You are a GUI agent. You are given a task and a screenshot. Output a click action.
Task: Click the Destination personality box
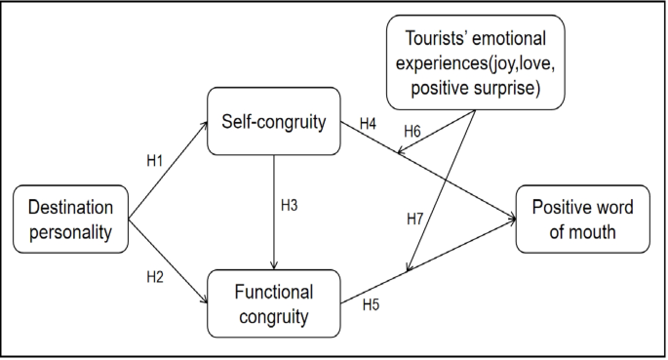pyautogui.click(x=71, y=220)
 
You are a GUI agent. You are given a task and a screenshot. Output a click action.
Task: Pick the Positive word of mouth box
pyautogui.click(x=583, y=220)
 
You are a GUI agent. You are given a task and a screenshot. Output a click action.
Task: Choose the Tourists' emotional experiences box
pyautogui.click(x=475, y=61)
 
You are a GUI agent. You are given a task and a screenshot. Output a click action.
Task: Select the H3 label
pyautogui.click(x=290, y=207)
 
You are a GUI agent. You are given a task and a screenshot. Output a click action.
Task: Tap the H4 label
pyautogui.click(x=368, y=124)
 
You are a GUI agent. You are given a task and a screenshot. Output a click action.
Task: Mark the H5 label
pyautogui.click(x=371, y=305)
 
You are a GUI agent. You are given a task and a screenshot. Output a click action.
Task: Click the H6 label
pyautogui.click(x=414, y=130)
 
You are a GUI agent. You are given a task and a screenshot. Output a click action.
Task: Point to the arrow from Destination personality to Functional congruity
pyautogui.click(x=168, y=260)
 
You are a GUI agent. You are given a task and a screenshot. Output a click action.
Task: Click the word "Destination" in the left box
pyautogui.click(x=71, y=208)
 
